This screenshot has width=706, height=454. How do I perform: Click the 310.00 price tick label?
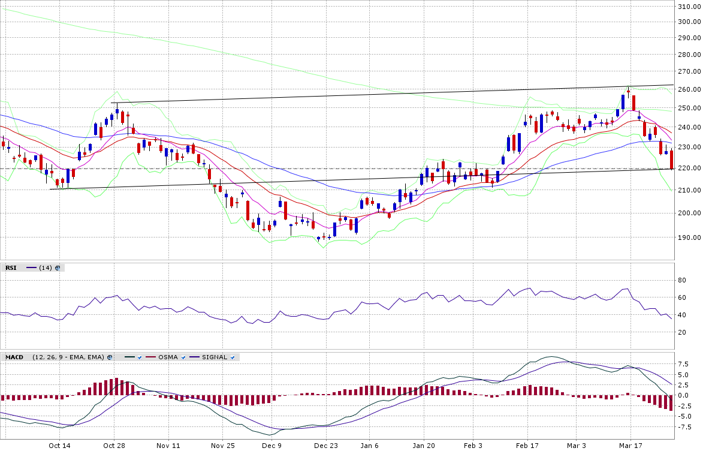click(x=689, y=7)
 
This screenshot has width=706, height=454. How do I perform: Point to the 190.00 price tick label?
click(x=689, y=237)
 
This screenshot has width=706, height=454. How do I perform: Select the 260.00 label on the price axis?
click(x=689, y=89)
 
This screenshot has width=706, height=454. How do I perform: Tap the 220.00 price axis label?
click(x=689, y=168)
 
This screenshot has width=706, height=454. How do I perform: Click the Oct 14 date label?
click(x=60, y=446)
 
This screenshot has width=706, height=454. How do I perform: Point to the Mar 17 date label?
click(x=630, y=446)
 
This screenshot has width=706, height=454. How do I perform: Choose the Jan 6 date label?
click(x=370, y=446)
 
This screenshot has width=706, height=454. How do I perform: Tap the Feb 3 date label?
click(x=473, y=446)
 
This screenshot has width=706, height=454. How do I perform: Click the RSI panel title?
click(x=11, y=267)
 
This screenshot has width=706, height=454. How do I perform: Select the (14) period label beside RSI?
click(x=45, y=267)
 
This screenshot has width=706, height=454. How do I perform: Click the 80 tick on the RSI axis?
click(x=681, y=280)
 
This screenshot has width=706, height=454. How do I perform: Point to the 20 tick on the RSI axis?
click(x=681, y=332)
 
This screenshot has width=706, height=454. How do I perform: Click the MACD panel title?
click(x=14, y=357)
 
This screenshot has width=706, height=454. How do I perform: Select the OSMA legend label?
click(x=168, y=357)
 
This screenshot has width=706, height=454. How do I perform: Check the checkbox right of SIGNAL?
click(x=233, y=357)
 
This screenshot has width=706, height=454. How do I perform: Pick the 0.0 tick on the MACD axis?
click(x=684, y=395)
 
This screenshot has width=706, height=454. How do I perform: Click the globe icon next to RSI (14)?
click(x=58, y=267)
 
